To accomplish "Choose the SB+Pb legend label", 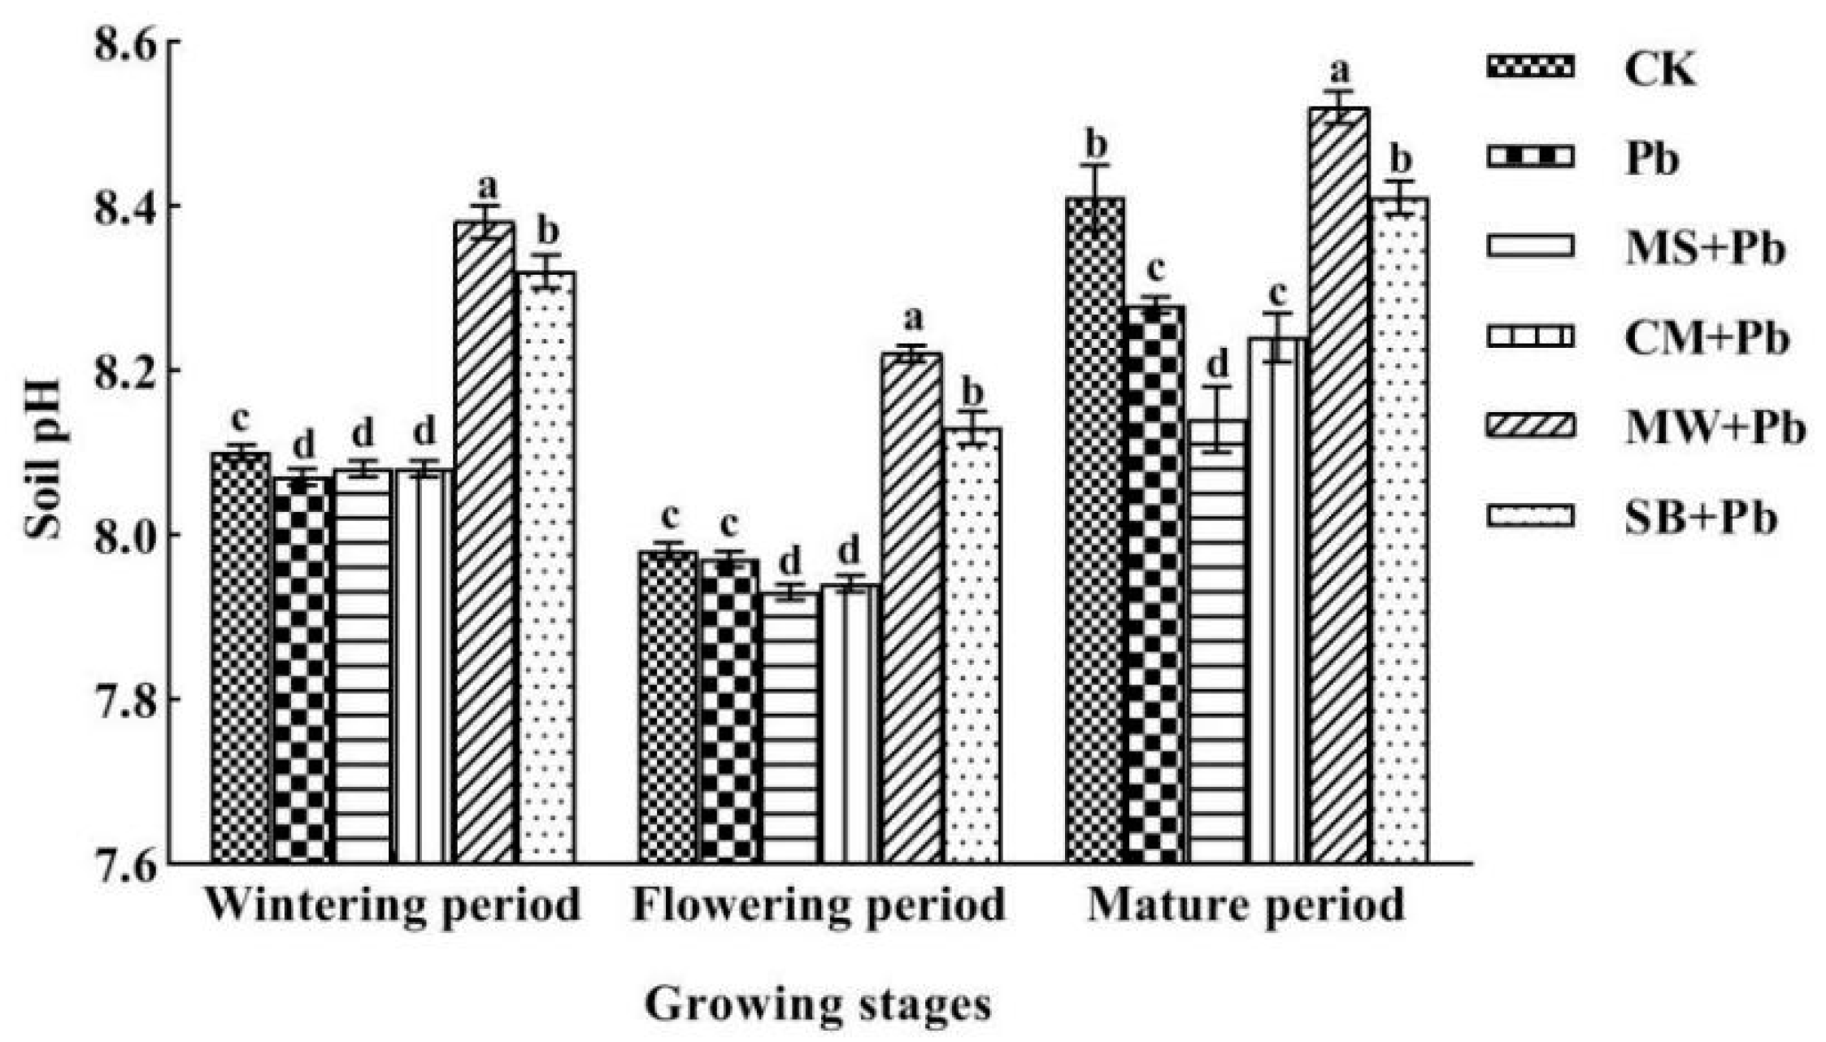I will coord(1700,518).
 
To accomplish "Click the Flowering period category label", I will coord(819,905).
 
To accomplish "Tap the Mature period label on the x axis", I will coord(1246,905).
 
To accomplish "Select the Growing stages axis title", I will coord(818,1005).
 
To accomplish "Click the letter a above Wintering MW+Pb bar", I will coord(486,188).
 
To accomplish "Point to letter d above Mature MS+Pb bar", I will coord(1217,365).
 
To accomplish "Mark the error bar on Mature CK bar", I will coord(1096,199).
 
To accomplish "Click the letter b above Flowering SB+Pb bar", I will coord(972,393).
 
